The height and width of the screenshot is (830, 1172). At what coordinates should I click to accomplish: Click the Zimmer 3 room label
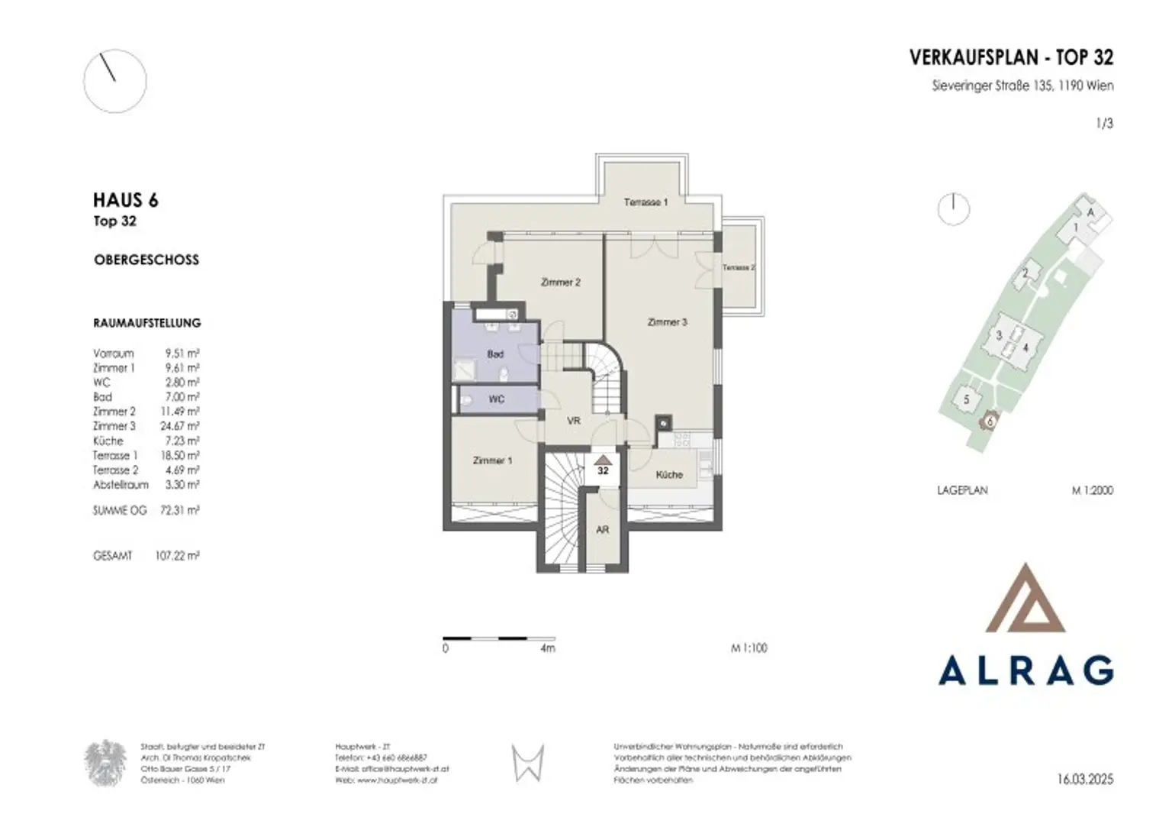pyautogui.click(x=667, y=322)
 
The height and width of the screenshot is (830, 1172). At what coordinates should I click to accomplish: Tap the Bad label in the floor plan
pyautogui.click(x=495, y=354)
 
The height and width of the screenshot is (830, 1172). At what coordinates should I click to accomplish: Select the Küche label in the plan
pyautogui.click(x=669, y=475)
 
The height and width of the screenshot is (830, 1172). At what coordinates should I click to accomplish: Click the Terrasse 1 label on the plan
pyautogui.click(x=646, y=202)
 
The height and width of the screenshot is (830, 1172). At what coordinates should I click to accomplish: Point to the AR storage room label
pyautogui.click(x=603, y=530)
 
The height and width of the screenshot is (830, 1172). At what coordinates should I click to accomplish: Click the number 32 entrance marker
pyautogui.click(x=603, y=467)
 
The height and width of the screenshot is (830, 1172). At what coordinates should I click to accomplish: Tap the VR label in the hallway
pyautogui.click(x=574, y=421)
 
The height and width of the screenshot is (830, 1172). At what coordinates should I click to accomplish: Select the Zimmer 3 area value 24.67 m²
pyautogui.click(x=179, y=426)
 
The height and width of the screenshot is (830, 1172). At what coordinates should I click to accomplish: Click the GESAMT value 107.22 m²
pyautogui.click(x=176, y=557)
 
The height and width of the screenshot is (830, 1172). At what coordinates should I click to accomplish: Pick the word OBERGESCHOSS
pyautogui.click(x=146, y=260)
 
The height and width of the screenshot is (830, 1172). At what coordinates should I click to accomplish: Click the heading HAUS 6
pyautogui.click(x=126, y=201)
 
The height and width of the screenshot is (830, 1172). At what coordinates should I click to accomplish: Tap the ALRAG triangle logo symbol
pyautogui.click(x=1025, y=600)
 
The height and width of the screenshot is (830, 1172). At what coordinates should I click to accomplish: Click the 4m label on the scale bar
pyautogui.click(x=547, y=648)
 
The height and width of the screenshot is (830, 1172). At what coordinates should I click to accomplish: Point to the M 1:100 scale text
pyautogui.click(x=749, y=648)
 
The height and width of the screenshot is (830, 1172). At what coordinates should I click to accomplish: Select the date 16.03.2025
pyautogui.click(x=1085, y=780)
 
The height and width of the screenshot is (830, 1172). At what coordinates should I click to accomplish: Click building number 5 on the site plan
pyautogui.click(x=966, y=399)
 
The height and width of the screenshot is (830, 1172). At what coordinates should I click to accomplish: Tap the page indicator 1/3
pyautogui.click(x=1104, y=123)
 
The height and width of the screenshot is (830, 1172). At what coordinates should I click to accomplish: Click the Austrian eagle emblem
pyautogui.click(x=105, y=763)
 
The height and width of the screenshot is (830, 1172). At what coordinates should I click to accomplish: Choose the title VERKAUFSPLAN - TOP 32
pyautogui.click(x=1011, y=57)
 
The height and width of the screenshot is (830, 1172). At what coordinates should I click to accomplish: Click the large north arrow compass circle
pyautogui.click(x=114, y=82)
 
